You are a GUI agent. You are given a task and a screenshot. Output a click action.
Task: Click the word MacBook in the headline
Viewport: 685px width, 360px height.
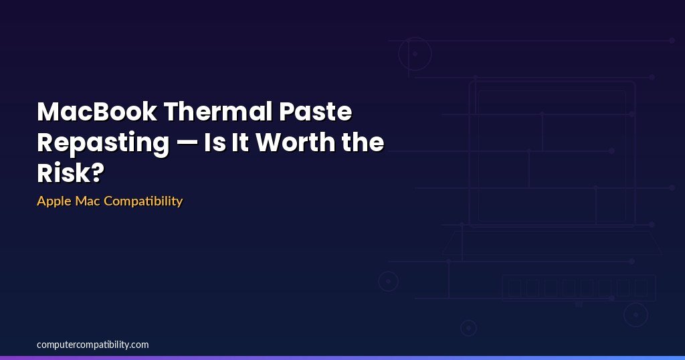[x=97, y=111]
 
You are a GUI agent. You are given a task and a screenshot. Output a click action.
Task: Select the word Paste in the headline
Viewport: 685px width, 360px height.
[x=316, y=111]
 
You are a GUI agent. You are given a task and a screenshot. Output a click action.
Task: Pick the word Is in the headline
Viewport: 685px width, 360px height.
[x=215, y=142]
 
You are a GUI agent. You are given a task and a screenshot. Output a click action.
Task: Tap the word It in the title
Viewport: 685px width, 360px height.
[x=240, y=142]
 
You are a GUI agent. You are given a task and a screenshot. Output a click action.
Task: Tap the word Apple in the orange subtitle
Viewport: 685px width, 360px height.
[x=54, y=201]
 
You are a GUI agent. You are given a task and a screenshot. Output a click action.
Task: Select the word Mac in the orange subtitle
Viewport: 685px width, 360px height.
[x=88, y=201]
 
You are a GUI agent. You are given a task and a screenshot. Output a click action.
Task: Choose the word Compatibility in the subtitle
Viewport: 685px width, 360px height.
[x=143, y=201]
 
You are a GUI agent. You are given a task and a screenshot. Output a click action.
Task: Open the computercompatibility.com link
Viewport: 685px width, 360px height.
[x=92, y=345]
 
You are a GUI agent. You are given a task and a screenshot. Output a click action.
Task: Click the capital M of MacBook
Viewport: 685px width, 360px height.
[x=47, y=112]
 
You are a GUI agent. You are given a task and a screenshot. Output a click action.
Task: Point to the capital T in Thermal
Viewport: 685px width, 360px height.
[x=173, y=112]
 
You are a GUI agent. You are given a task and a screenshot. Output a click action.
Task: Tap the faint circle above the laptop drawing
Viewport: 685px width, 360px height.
[x=415, y=37]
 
